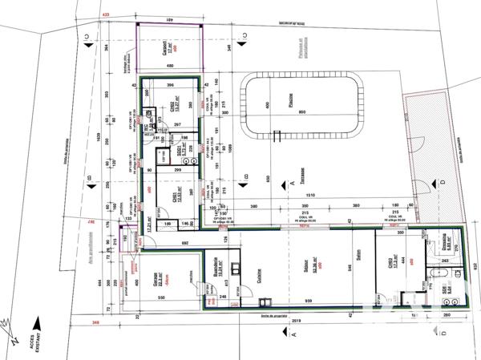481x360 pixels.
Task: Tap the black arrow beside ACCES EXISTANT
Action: coord(9,326)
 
